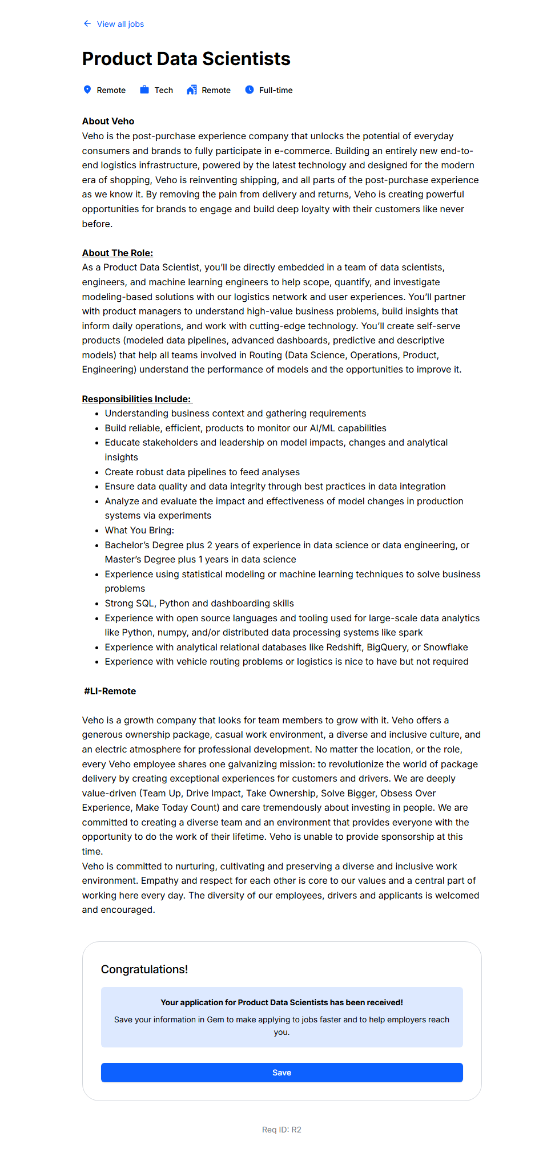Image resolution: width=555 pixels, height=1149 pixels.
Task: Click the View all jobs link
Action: pos(120,24)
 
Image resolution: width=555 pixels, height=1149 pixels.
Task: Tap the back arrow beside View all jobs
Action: pos(87,23)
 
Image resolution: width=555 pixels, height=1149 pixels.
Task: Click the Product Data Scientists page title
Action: pos(186,59)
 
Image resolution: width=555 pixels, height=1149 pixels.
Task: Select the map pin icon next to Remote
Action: pos(87,90)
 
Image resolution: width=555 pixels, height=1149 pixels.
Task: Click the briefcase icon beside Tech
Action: pos(144,90)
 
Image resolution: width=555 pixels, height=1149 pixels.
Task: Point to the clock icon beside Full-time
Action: pos(250,90)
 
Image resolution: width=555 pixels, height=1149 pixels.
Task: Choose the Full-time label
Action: pos(276,90)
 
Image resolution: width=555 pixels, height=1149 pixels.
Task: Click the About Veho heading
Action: pos(108,121)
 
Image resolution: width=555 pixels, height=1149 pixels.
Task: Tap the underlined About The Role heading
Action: pos(117,253)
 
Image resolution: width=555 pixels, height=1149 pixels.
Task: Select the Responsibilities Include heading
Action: pos(136,399)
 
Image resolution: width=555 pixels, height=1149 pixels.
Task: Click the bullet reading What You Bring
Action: pos(139,530)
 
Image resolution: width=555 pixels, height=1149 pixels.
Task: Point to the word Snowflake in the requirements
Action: pos(445,647)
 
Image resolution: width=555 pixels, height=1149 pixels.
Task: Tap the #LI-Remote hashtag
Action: pos(110,691)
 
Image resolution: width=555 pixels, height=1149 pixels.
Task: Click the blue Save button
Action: pos(281,1073)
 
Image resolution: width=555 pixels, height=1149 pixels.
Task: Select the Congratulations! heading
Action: pos(144,969)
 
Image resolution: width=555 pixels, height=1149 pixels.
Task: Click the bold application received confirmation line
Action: pos(281,1002)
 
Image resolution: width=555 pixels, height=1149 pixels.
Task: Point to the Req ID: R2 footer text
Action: pos(281,1130)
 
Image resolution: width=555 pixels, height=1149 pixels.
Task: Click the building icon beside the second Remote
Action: pos(192,90)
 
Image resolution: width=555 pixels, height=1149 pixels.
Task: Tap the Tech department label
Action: pos(164,90)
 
